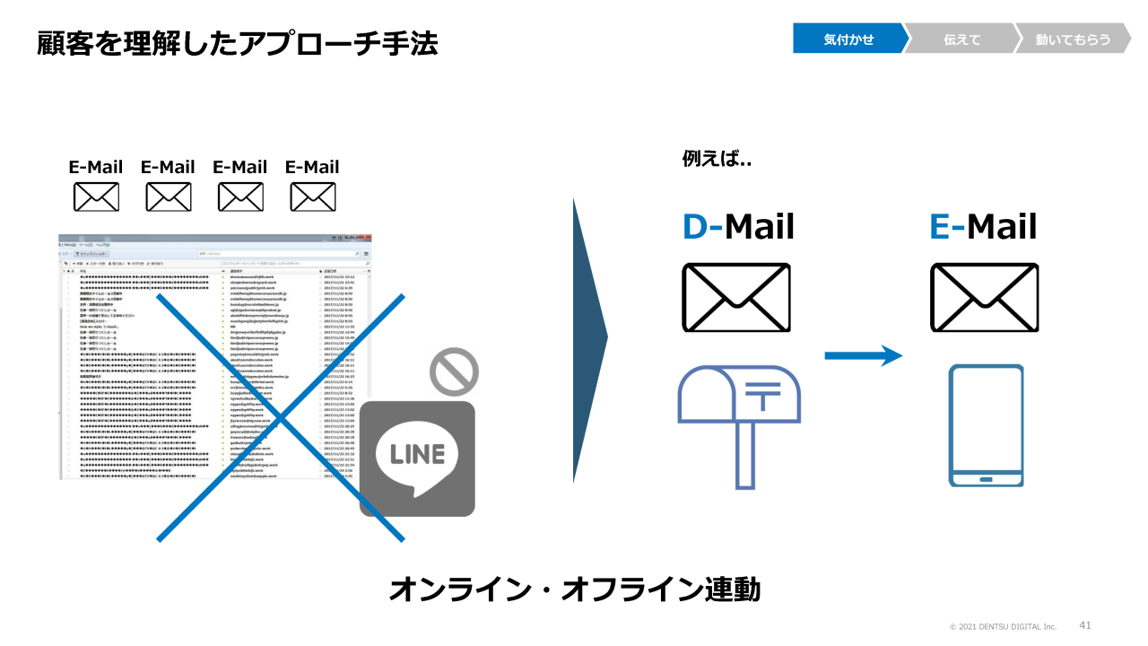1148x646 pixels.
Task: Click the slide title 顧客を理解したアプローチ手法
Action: click(238, 43)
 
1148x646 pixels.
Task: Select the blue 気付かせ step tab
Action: click(848, 39)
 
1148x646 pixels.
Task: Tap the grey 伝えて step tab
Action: click(961, 39)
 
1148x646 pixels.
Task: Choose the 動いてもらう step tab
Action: click(1072, 39)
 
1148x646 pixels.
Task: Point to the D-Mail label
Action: click(738, 226)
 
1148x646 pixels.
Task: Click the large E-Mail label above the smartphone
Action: click(983, 226)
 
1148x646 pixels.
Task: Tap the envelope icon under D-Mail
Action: click(736, 298)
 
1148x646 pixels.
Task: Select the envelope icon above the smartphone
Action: click(984, 298)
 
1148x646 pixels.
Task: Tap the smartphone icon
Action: click(986, 426)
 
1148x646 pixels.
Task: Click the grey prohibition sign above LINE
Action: click(453, 371)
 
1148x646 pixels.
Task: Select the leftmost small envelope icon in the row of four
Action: click(96, 196)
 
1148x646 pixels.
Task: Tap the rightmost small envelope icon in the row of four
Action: click(312, 196)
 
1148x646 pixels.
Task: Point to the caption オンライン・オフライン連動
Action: click(574, 589)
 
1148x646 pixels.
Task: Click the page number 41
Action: click(1085, 624)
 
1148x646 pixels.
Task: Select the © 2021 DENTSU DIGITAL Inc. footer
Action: click(1003, 626)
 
